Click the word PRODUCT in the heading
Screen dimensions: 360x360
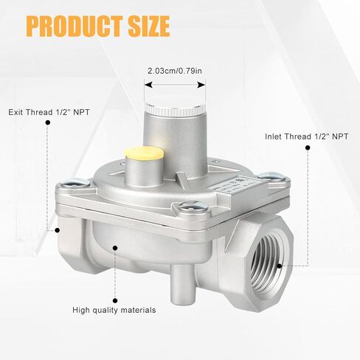pos(75,26)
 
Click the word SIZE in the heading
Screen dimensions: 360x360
pos(149,26)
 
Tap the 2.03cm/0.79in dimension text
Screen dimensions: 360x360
pos(175,71)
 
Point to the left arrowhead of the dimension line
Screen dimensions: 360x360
pos(149,85)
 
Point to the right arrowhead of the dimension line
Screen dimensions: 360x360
pos(201,85)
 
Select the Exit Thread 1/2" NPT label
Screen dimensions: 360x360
pos(49,112)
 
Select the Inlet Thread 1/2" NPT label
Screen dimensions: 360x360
pos(307,136)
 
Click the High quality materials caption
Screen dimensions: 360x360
pos(114,310)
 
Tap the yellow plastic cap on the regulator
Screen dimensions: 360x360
pos(144,153)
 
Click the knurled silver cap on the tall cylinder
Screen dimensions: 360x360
pos(175,108)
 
